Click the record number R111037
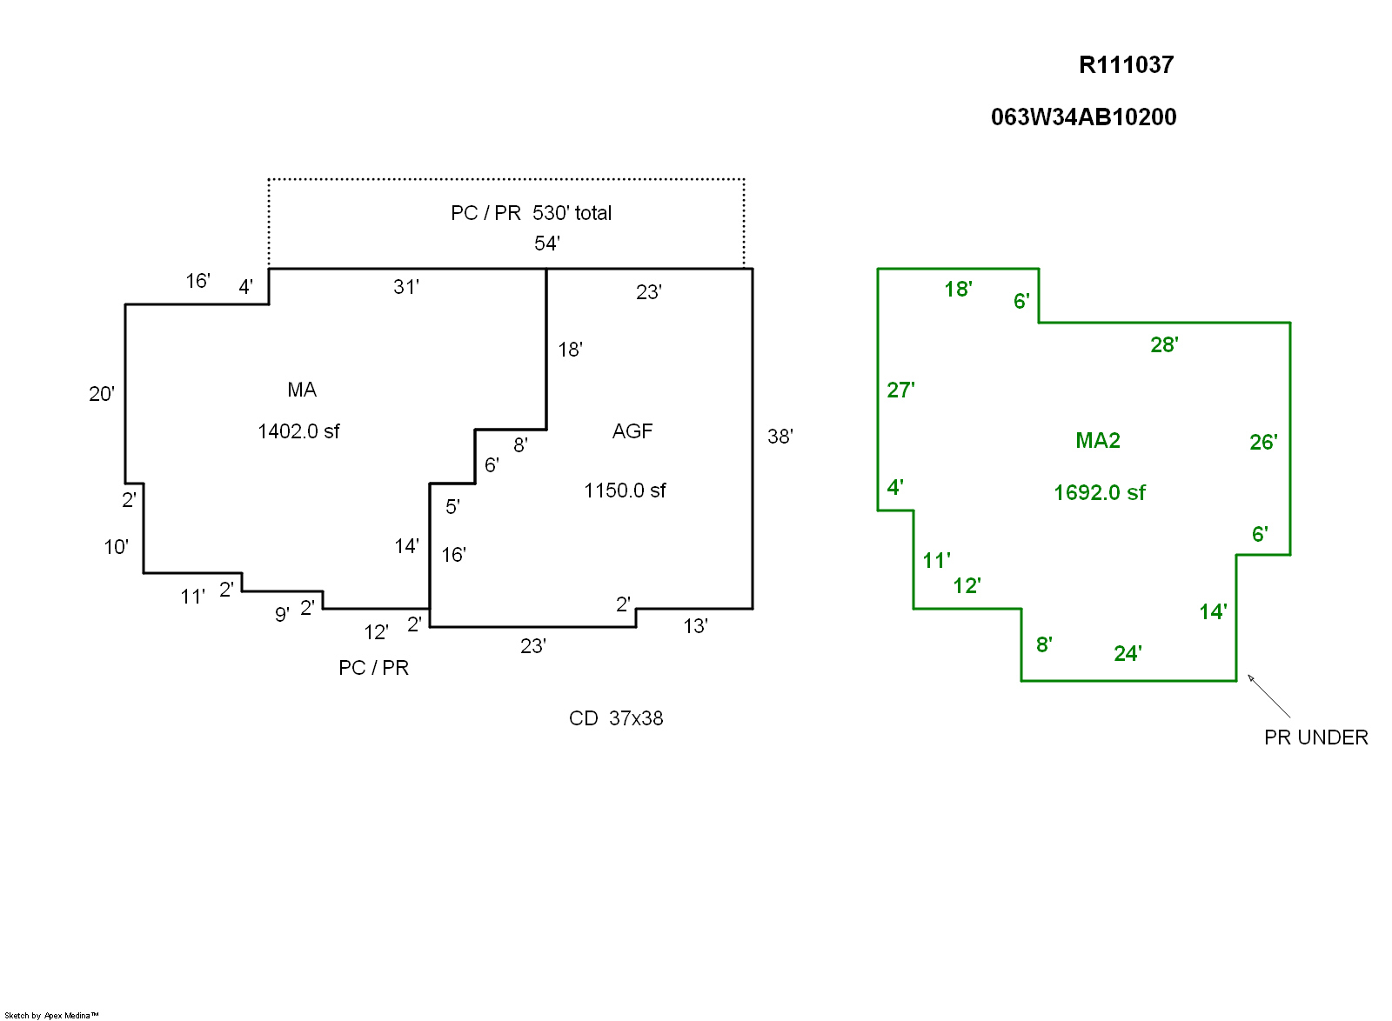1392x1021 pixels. point(1126,65)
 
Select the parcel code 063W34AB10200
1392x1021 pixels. point(1083,117)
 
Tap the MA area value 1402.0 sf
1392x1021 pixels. point(298,431)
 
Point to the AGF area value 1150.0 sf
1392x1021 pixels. point(625,490)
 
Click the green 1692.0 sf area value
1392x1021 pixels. point(1099,493)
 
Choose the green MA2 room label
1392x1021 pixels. point(1098,441)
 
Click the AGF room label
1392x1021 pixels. point(632,431)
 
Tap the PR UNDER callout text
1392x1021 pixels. point(1315,737)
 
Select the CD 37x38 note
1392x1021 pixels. point(616,718)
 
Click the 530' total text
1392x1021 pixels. point(572,213)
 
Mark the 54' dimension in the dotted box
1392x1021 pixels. point(547,244)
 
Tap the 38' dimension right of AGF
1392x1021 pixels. point(780,437)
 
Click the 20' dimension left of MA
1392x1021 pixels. point(102,394)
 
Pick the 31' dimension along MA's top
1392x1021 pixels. point(406,287)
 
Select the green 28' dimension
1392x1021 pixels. point(1164,345)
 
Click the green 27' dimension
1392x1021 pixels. point(900,390)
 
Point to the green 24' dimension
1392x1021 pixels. point(1128,654)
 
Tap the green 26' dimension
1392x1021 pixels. point(1263,443)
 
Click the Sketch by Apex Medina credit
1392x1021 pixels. point(51,1015)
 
